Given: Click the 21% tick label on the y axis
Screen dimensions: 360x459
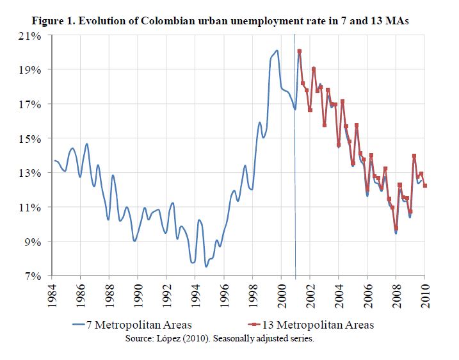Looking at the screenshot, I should click(x=31, y=35).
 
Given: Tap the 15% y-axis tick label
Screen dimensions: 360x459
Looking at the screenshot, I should click(x=31, y=138).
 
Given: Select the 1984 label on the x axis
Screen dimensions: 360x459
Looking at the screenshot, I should click(x=52, y=297).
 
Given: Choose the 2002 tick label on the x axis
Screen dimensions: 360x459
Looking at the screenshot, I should click(x=310, y=297).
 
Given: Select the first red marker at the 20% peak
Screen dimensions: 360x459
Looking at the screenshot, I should click(x=299, y=51).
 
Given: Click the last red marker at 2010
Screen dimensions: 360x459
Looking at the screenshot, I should click(x=425, y=186).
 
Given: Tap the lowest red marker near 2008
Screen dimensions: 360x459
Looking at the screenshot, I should click(x=396, y=228).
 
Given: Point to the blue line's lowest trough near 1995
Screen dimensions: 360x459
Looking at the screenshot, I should click(x=206, y=266).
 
